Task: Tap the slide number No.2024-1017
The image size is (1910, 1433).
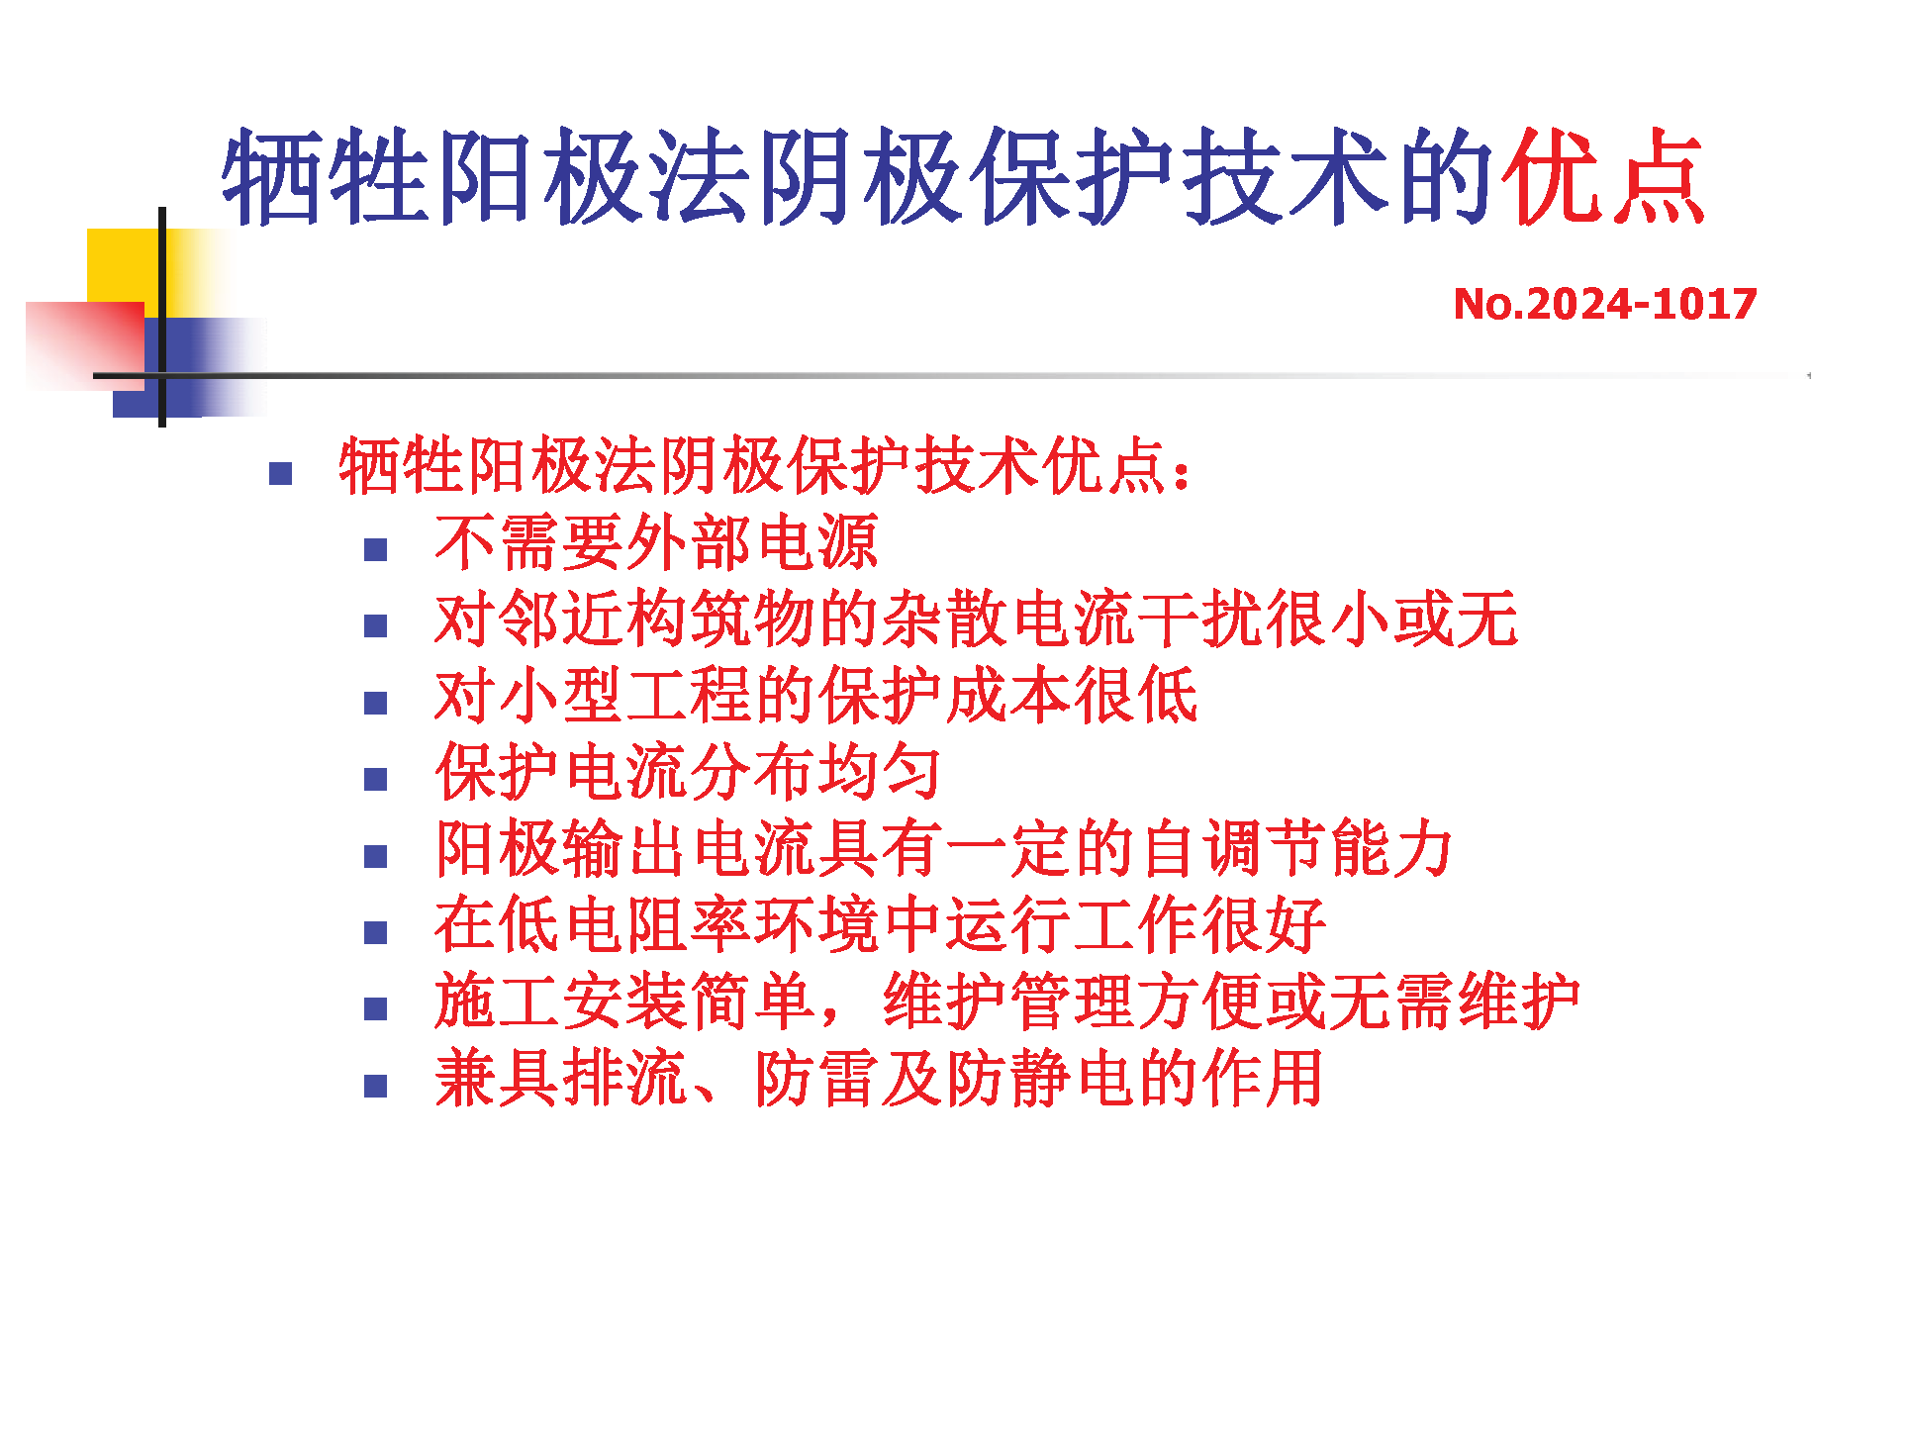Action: tap(1604, 304)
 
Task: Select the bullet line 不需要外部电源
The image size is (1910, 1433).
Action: tap(656, 542)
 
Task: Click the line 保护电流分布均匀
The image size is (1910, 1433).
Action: tap(688, 772)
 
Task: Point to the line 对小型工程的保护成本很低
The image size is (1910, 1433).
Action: tap(816, 696)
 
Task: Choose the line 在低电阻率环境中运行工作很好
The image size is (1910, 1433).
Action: tap(880, 925)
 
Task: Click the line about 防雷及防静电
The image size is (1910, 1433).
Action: tap(879, 1078)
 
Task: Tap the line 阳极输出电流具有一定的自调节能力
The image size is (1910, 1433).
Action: tap(943, 849)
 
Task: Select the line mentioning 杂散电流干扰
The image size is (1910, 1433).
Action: tap(976, 619)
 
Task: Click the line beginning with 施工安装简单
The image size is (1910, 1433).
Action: tap(1007, 1002)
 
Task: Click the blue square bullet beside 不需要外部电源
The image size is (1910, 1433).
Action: tap(375, 550)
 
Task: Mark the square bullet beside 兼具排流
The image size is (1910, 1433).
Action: tap(375, 1087)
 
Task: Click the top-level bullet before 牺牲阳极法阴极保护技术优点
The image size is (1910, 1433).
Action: tap(280, 474)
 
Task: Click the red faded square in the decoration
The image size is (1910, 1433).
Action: tap(85, 345)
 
